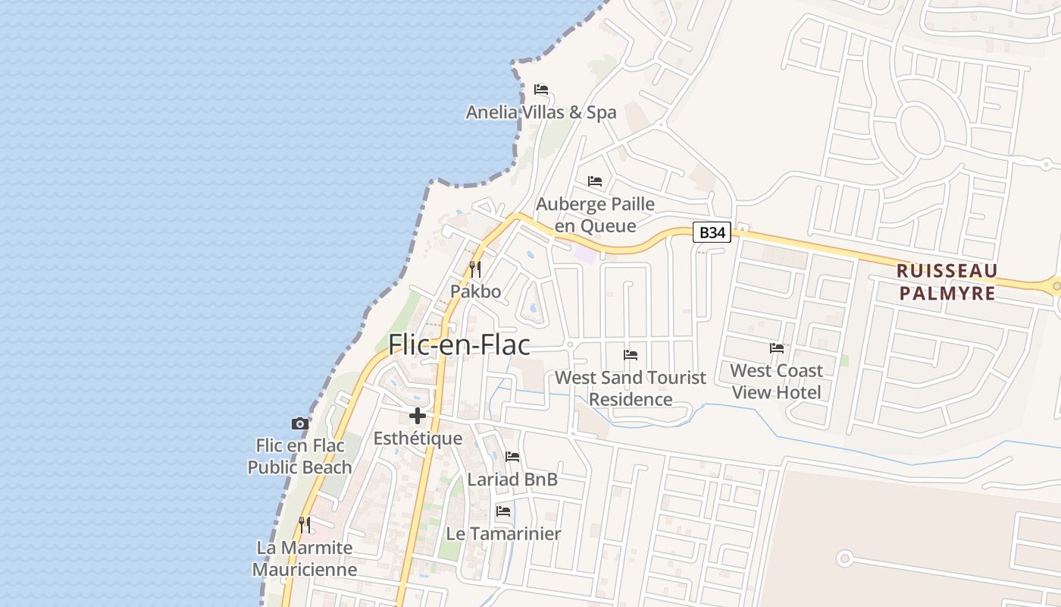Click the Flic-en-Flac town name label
click(x=459, y=345)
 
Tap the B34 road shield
click(x=712, y=233)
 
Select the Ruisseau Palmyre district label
click(x=947, y=281)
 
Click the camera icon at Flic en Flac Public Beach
click(x=300, y=423)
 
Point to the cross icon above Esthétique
click(x=418, y=416)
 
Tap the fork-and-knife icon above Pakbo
click(x=475, y=269)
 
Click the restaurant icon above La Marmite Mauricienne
click(x=304, y=524)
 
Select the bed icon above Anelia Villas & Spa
click(x=540, y=90)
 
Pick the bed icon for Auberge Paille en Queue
click(x=595, y=181)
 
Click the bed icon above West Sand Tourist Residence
click(x=630, y=354)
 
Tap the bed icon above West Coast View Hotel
click(x=777, y=348)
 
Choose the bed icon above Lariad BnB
click(x=512, y=457)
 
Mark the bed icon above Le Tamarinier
click(x=502, y=511)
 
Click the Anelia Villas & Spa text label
click(x=541, y=112)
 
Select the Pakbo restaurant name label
click(x=475, y=291)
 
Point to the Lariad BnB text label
click(x=512, y=479)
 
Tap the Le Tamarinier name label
click(x=503, y=533)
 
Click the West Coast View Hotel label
click(x=776, y=381)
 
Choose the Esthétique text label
click(x=418, y=439)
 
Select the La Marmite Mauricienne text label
click(x=305, y=558)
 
